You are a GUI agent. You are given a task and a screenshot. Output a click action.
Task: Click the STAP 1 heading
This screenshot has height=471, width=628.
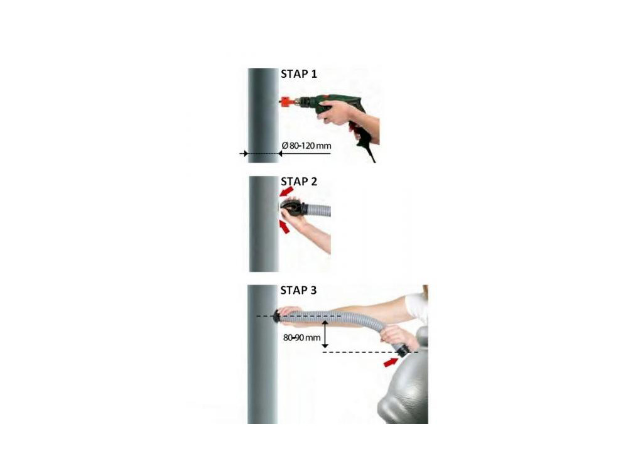click(x=299, y=74)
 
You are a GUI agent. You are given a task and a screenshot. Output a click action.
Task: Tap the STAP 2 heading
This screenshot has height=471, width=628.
click(x=299, y=182)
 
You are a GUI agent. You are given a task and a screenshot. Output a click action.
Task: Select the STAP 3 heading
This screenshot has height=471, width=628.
click(x=298, y=290)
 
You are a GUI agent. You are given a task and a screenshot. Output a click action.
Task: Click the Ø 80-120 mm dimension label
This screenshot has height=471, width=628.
click(x=306, y=146)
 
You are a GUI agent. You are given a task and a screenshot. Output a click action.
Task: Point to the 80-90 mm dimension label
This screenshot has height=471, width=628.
click(x=301, y=338)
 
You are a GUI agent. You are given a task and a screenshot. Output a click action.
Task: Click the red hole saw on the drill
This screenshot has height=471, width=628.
click(x=287, y=102)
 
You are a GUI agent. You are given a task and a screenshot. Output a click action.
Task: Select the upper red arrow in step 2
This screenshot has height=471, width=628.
click(x=286, y=192)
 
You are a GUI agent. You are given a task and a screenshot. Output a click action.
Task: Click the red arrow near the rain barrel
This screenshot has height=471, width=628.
click(x=391, y=362)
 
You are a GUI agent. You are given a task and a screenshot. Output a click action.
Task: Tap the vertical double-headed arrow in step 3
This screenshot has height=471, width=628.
click(x=325, y=333)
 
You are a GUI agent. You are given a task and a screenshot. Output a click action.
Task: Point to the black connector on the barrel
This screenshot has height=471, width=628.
click(x=403, y=351)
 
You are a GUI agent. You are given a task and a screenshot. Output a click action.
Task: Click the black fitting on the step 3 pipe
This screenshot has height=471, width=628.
click(x=276, y=317)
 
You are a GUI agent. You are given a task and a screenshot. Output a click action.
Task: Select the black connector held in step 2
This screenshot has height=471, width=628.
click(x=293, y=209)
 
